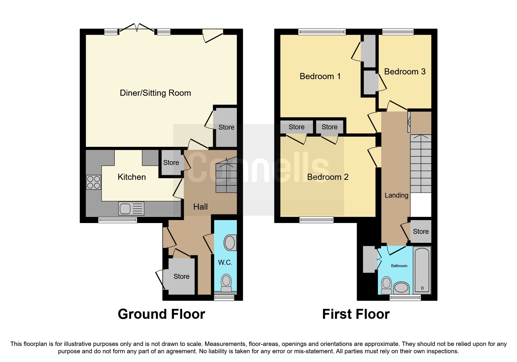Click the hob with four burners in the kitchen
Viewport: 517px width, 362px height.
click(93, 182)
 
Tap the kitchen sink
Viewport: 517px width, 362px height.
click(131, 208)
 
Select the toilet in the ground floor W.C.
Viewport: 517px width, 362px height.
click(226, 283)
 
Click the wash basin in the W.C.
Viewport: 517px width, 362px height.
click(230, 242)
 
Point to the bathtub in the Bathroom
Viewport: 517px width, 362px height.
click(422, 270)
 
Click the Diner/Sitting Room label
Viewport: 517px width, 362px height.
click(155, 93)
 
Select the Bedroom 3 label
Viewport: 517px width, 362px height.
click(405, 72)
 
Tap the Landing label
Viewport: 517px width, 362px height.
click(396, 195)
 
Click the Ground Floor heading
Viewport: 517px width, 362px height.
click(161, 314)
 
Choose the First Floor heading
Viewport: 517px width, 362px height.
click(356, 314)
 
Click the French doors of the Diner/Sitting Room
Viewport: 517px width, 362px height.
click(137, 28)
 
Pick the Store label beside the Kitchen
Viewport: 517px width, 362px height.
click(171, 163)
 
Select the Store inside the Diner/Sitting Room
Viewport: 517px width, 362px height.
click(226, 127)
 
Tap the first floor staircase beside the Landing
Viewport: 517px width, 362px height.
click(421, 163)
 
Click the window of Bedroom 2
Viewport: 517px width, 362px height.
click(316, 220)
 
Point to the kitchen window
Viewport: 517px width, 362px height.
click(117, 220)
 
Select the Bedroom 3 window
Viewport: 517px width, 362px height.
click(398, 32)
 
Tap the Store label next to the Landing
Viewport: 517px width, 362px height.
click(421, 232)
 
